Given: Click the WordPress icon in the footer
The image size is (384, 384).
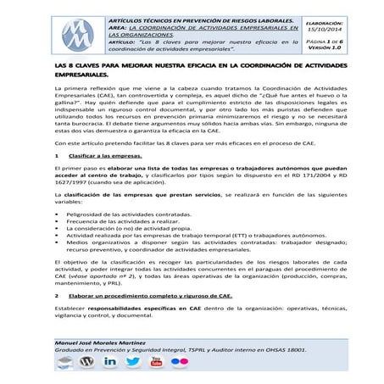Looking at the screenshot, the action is tap(86, 360).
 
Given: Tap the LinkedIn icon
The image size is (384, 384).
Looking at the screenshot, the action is tap(110, 360).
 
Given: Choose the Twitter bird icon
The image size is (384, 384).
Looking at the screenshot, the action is tap(133, 360).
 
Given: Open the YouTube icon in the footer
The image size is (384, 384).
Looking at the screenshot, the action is tap(156, 360).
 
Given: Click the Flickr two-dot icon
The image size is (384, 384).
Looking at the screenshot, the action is tap(179, 360).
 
